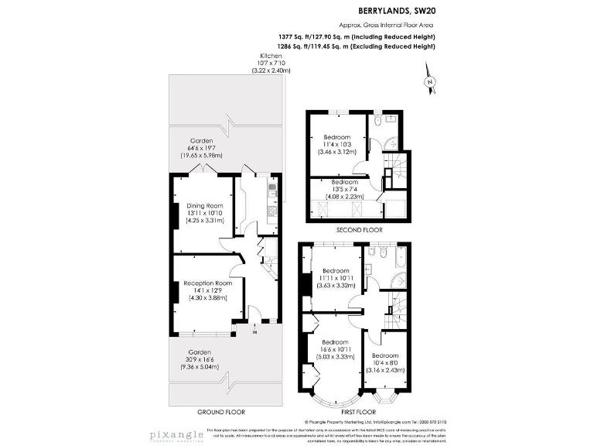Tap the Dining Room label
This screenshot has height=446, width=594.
tap(204, 205)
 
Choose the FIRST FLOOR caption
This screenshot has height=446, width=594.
tap(357, 411)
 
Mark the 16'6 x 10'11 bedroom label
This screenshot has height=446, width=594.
tap(335, 349)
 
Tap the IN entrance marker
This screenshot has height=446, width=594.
tap(254, 330)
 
